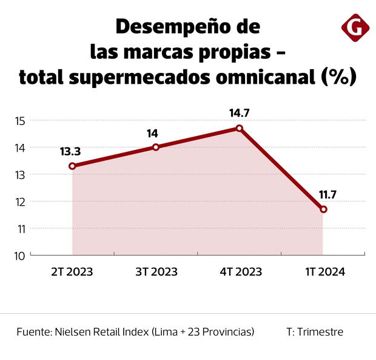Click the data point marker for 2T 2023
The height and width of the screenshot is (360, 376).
72,166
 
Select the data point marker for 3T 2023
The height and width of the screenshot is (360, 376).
156,147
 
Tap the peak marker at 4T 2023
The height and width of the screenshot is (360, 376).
240,128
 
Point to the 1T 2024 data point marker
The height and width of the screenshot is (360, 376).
323,209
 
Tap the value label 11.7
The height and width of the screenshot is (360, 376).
324,195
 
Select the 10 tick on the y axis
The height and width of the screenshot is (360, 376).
19,256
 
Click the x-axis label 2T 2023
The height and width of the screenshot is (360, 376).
72,272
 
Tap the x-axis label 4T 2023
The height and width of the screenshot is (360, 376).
240,272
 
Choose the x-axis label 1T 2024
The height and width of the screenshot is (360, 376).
324,272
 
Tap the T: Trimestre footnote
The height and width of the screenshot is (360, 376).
315,332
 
